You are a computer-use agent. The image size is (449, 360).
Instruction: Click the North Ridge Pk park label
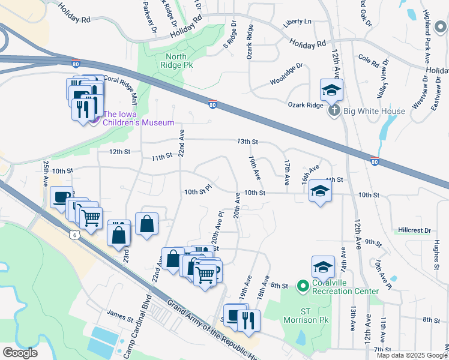pos(178,60)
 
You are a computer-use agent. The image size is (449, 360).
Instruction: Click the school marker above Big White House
pos(331,91)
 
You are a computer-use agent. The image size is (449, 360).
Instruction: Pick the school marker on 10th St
pos(321,192)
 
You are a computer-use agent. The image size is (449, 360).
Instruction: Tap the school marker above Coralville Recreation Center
pos(323,266)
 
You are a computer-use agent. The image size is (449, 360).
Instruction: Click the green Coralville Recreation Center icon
pos(303,287)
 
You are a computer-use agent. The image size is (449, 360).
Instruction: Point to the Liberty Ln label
pos(298,22)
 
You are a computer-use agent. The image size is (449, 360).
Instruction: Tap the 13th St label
pos(247,142)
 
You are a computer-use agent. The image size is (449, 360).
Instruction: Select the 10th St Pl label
pos(199,192)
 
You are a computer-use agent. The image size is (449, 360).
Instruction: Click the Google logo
pos(20,352)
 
